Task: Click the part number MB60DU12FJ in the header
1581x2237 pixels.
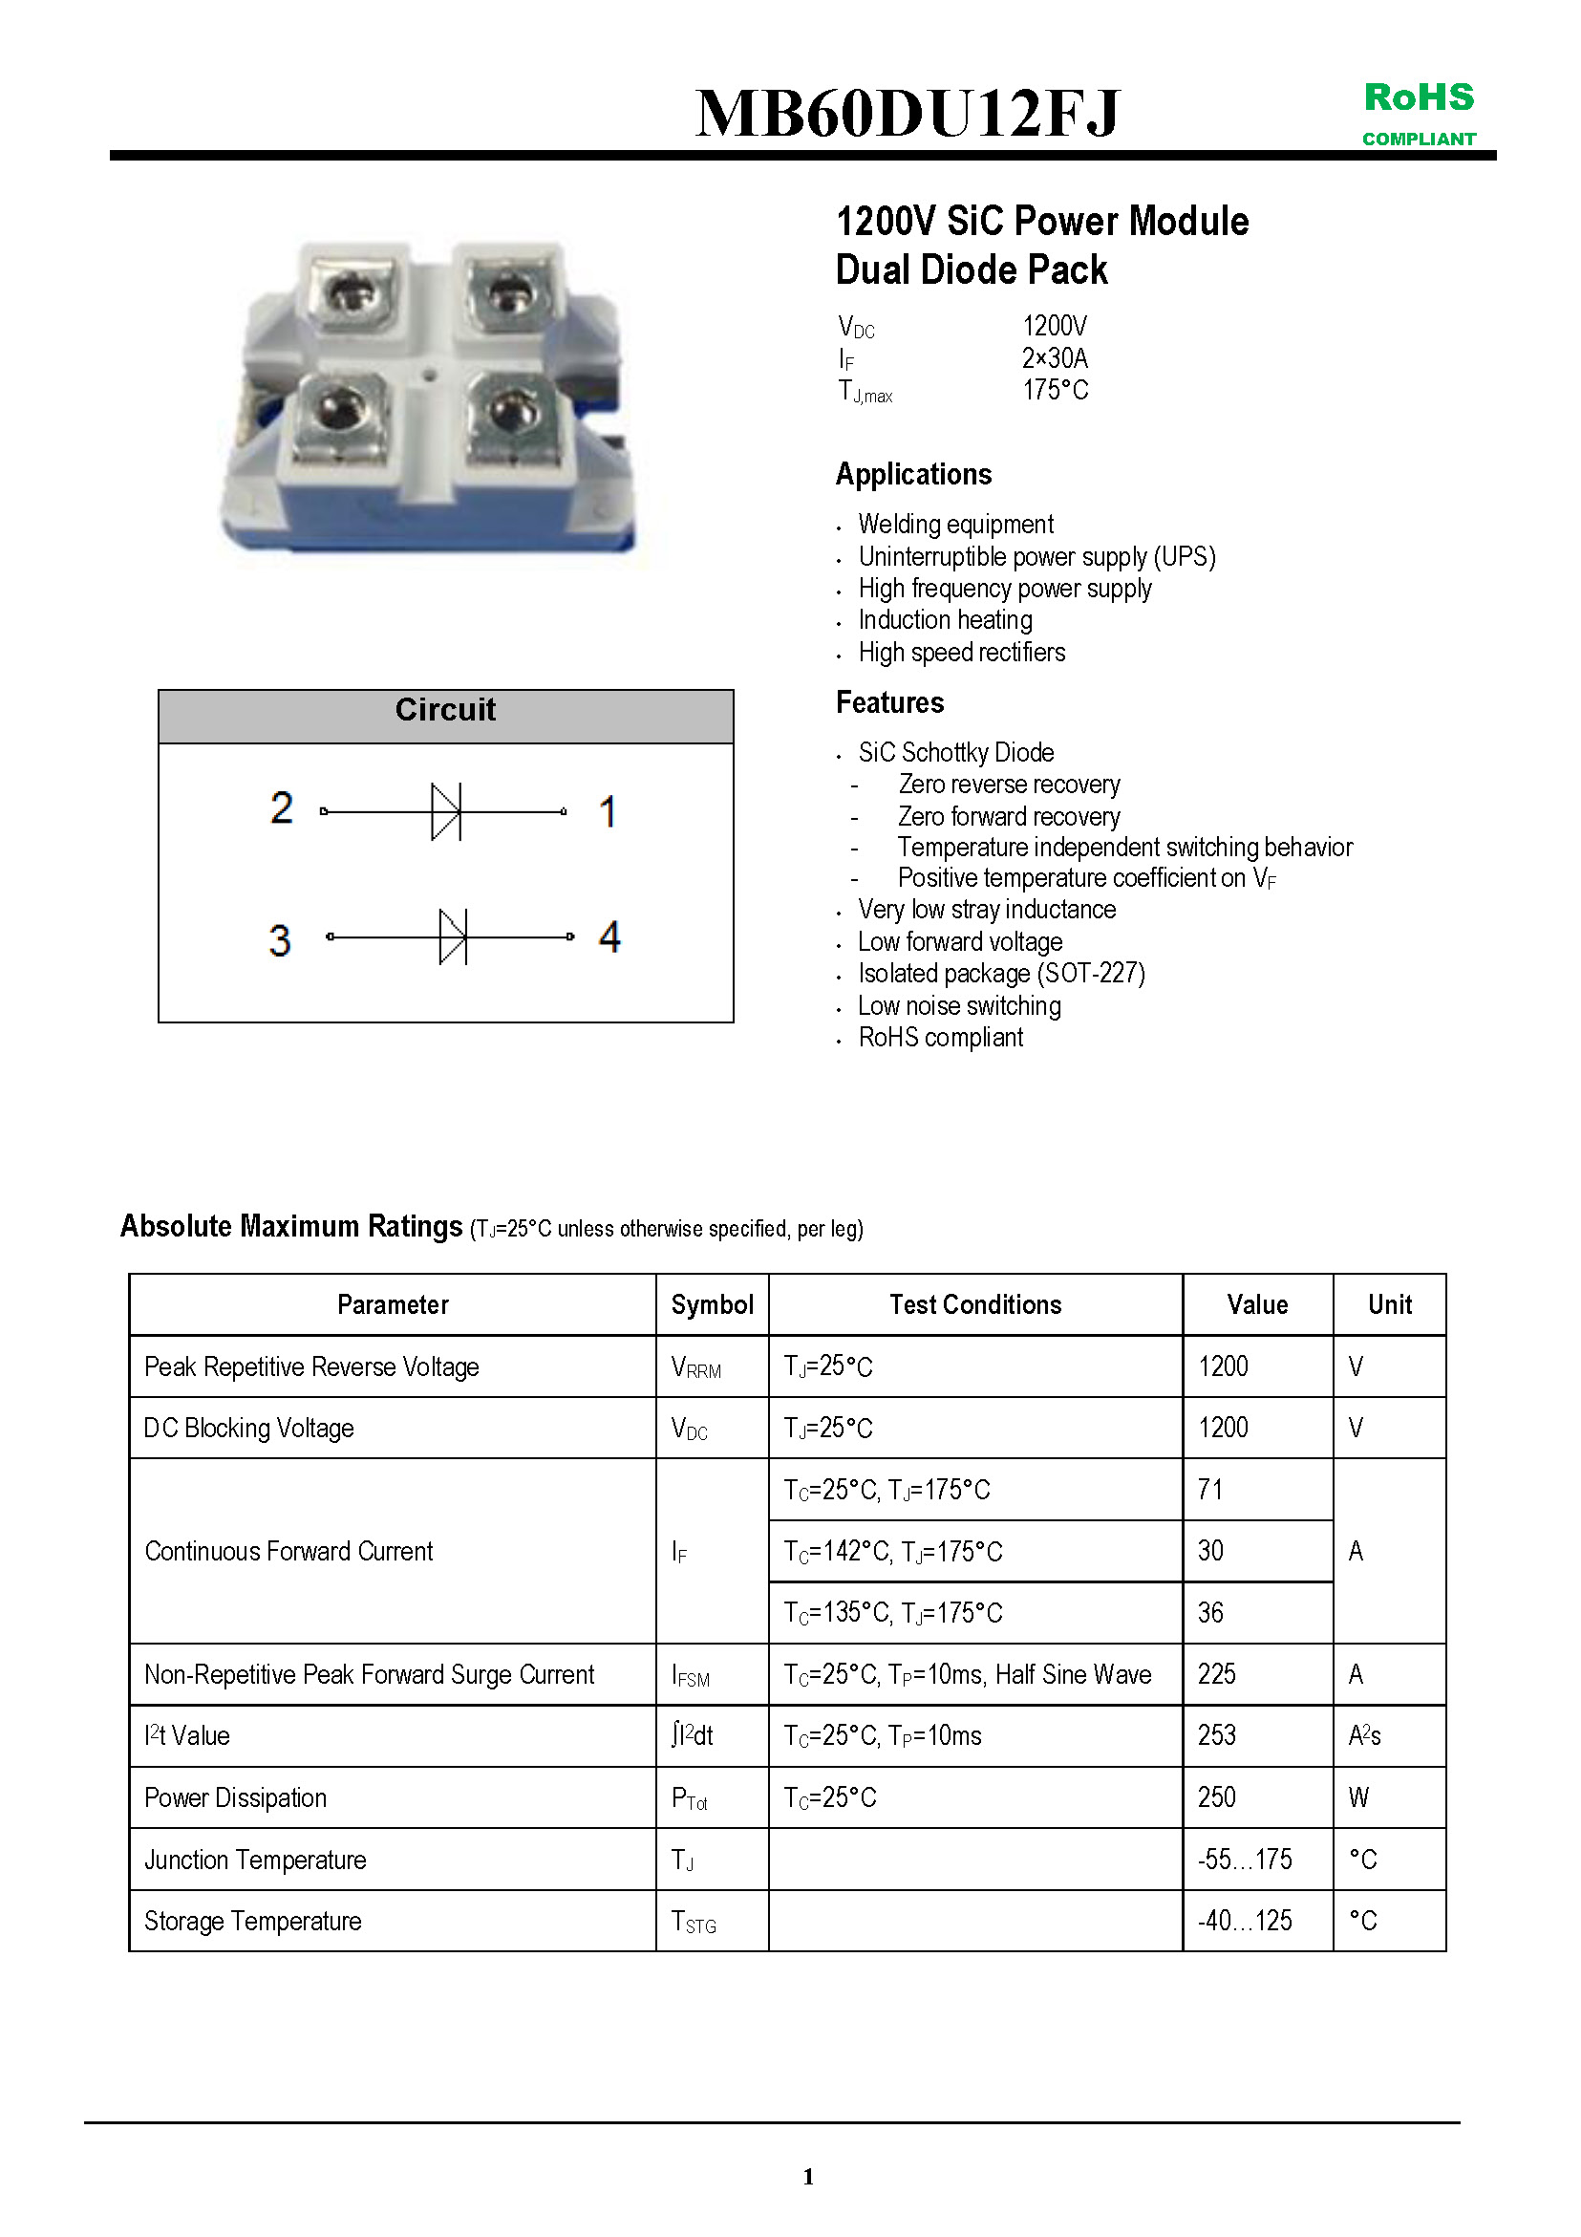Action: pyautogui.click(x=907, y=113)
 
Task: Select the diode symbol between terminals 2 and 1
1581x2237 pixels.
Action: pyautogui.click(x=446, y=810)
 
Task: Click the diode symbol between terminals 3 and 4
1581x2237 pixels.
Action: pyautogui.click(x=453, y=936)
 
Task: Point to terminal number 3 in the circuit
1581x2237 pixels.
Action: pyautogui.click(x=280, y=940)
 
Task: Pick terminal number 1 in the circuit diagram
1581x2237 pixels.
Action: pyautogui.click(x=608, y=811)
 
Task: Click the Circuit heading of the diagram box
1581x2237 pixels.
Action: pyautogui.click(x=445, y=710)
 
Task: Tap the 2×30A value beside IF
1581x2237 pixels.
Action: pyautogui.click(x=1054, y=358)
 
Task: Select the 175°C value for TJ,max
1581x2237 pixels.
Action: pyautogui.click(x=1055, y=391)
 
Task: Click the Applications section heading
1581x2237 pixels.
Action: pyautogui.click(x=913, y=475)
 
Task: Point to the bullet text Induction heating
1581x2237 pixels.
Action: pyautogui.click(x=945, y=620)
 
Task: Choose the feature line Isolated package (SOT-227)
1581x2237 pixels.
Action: pyautogui.click(x=1001, y=974)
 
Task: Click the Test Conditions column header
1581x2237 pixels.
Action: pyautogui.click(x=975, y=1304)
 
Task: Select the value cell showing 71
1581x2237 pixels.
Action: pyautogui.click(x=1211, y=1489)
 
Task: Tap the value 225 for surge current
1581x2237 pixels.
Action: pyautogui.click(x=1217, y=1674)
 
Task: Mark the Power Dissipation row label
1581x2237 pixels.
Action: pyautogui.click(x=236, y=1797)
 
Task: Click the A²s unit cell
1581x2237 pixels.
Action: pyautogui.click(x=1365, y=1735)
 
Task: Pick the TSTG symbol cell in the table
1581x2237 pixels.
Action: pyautogui.click(x=694, y=1922)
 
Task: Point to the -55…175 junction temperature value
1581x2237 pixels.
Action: pyautogui.click(x=1245, y=1859)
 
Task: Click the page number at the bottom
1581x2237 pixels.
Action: pyautogui.click(x=808, y=2177)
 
